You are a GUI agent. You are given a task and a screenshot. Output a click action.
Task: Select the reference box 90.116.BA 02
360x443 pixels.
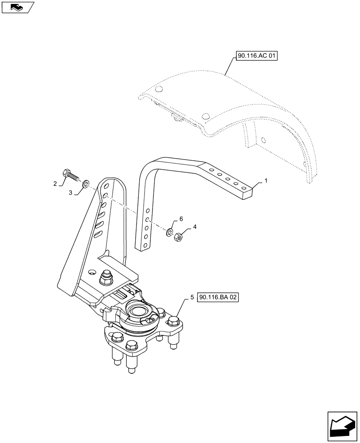tap(219, 298)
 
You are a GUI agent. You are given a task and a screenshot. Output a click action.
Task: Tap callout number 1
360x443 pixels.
tap(266, 181)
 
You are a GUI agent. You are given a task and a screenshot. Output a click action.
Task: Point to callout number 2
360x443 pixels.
tap(55, 183)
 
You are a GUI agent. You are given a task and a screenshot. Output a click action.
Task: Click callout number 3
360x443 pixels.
tap(70, 192)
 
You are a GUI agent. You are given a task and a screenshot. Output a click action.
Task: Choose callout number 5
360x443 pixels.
tap(192, 298)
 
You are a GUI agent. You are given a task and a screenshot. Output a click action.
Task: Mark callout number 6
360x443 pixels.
tap(181, 219)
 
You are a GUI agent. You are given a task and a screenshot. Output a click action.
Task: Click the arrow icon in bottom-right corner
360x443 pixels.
tap(342, 425)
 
